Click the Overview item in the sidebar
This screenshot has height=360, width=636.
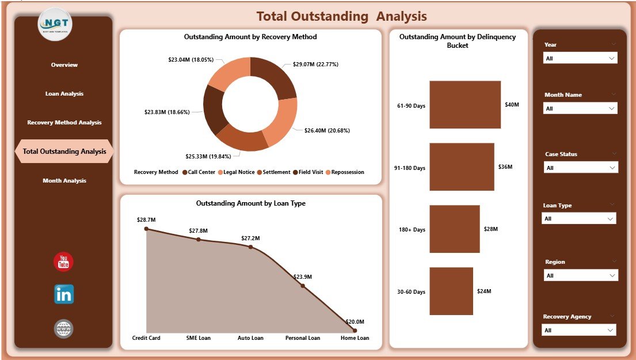[64, 65]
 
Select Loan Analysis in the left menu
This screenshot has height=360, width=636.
[64, 94]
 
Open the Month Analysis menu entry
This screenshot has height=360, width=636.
[64, 181]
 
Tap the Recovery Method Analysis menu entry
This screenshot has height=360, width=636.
[64, 123]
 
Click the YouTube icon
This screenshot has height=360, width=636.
[63, 262]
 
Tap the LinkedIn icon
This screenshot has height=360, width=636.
[63, 294]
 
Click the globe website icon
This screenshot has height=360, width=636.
[63, 329]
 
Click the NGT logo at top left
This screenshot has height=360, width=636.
[55, 24]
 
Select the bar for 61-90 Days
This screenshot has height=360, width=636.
[465, 105]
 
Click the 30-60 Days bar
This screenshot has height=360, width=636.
[451, 291]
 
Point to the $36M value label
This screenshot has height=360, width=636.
[506, 167]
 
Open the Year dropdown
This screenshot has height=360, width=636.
[580, 58]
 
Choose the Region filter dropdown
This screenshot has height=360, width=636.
[581, 276]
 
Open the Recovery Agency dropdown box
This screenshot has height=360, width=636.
[578, 330]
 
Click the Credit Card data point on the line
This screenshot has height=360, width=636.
[146, 229]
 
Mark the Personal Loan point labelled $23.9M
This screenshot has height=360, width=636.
[303, 286]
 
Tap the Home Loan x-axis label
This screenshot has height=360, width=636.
[355, 338]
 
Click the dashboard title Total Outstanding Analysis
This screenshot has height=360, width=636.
[341, 16]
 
